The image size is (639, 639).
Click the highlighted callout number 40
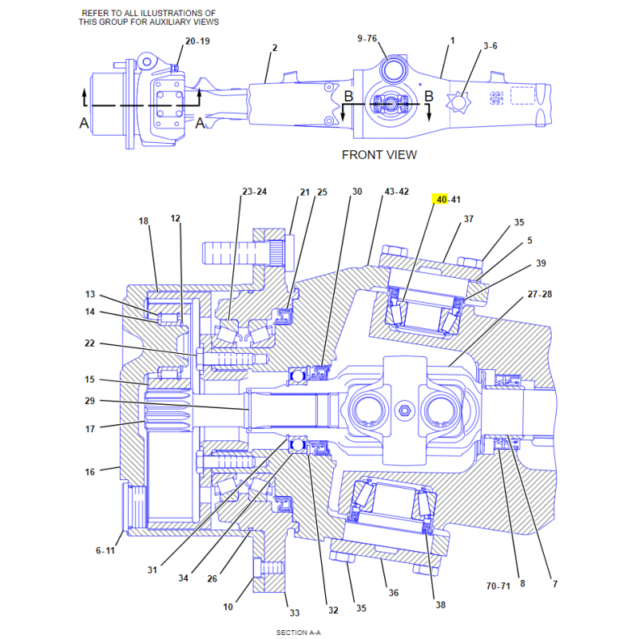[440, 199]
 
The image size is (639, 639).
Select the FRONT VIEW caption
[379, 155]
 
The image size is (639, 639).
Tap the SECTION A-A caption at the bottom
[299, 632]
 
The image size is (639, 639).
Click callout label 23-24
[254, 192]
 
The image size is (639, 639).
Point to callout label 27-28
[539, 294]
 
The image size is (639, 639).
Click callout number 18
[143, 221]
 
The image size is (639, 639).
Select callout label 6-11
[106, 550]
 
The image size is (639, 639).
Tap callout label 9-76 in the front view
[367, 38]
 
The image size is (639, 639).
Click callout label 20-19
[197, 41]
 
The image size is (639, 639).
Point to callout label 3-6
[490, 46]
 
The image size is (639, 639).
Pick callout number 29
[90, 400]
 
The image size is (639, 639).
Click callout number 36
[393, 593]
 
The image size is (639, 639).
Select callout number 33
[294, 613]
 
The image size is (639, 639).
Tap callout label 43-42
[396, 192]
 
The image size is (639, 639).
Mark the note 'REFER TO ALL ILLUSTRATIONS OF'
[149, 14]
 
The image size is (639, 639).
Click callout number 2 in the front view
[274, 48]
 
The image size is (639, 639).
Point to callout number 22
[90, 343]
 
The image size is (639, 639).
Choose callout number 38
[440, 605]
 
